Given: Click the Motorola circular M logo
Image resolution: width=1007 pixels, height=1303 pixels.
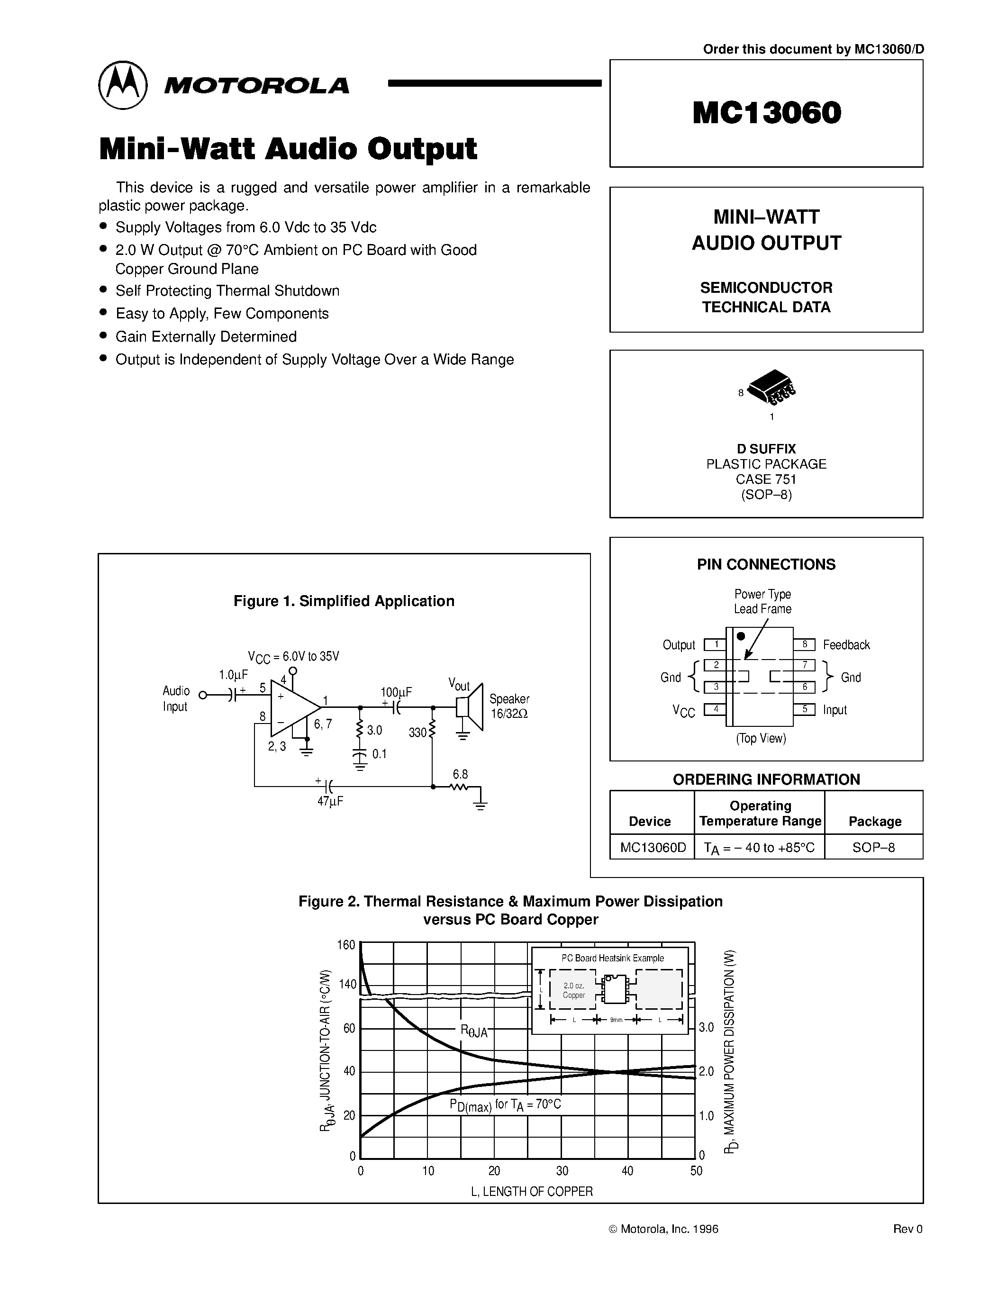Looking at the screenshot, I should pos(122,85).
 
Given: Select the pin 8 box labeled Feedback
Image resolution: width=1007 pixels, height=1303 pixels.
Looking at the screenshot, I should pos(804,644).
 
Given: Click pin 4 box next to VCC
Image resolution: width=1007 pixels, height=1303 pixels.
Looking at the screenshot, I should pos(715,709).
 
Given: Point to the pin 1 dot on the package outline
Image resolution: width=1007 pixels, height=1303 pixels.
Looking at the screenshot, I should pos(741,637).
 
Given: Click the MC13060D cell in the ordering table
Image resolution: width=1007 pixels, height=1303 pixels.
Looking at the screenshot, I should pos(653,847).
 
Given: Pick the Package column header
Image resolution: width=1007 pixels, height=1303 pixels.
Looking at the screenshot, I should pos(875,821).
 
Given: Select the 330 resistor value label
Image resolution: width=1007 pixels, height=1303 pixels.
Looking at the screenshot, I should pos(417,733).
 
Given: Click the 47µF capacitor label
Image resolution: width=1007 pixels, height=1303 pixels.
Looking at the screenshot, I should pos(330,801).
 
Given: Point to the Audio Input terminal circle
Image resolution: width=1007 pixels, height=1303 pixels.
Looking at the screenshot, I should pos(203,695).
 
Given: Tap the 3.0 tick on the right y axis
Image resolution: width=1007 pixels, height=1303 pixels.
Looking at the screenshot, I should pos(707,1027).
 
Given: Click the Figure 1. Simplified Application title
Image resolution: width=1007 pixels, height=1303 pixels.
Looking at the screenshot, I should pos(344,601).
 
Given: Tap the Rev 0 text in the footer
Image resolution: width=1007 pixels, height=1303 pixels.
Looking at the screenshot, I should pos(907,1229).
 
